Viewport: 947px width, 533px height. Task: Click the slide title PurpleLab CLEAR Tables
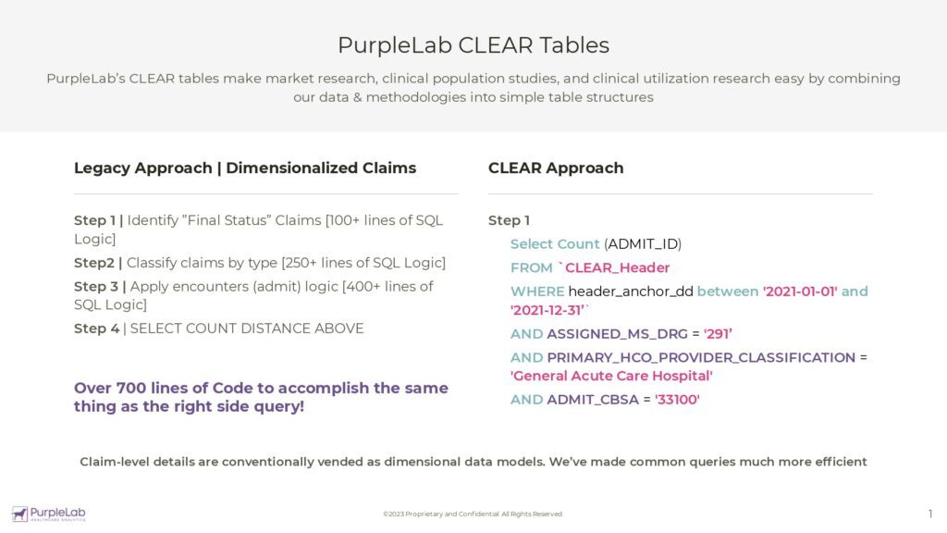tap(473, 44)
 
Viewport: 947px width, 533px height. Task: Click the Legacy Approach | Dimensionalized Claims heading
tap(245, 167)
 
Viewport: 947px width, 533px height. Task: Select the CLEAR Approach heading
tap(555, 167)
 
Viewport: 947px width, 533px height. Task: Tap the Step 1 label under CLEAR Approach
tap(509, 220)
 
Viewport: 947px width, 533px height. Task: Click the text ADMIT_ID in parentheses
tap(643, 244)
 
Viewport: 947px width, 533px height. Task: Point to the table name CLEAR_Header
tap(617, 267)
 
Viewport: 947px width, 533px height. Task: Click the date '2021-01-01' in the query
tap(799, 291)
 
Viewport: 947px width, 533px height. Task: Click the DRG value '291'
tap(719, 333)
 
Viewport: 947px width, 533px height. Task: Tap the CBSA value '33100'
tap(677, 400)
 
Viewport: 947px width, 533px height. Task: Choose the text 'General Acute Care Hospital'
tap(611, 376)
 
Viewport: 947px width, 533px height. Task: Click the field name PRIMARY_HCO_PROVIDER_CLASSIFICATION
tap(701, 357)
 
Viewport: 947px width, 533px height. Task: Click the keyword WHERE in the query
tap(536, 291)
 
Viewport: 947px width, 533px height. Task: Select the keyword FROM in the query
tap(531, 267)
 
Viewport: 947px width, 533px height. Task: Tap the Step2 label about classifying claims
tap(96, 263)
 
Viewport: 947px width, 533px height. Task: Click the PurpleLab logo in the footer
tap(48, 514)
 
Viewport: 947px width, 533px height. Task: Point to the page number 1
tap(929, 514)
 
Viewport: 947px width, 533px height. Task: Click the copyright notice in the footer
tap(473, 514)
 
